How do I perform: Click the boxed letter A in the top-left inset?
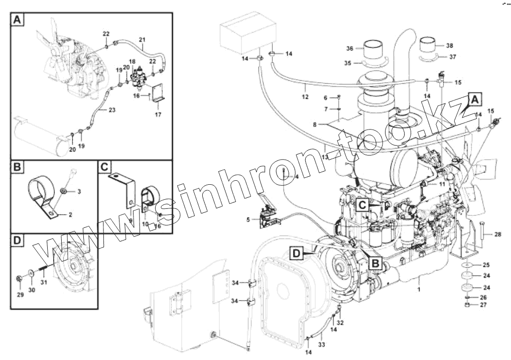coord(17,20)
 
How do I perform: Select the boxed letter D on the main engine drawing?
coord(297,255)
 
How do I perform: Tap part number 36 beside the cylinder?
coord(350,49)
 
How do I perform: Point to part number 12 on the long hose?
coord(305,92)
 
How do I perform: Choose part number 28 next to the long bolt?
coord(497,234)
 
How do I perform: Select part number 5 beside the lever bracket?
coord(247,219)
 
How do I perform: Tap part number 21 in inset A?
coord(142,40)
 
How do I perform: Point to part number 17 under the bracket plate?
coord(158,114)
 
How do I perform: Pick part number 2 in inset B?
coord(70,214)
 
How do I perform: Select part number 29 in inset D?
coord(21,294)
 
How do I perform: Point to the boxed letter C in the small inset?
coord(104,167)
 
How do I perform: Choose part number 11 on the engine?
coord(442,184)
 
